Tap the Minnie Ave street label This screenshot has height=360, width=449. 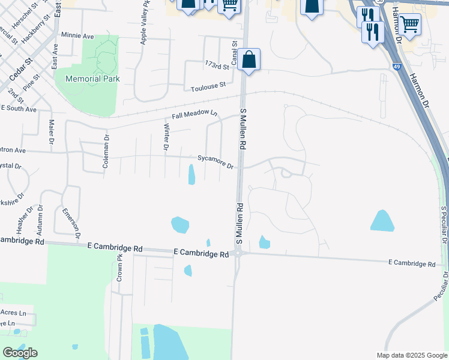(77, 36)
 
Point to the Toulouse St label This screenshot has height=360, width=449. (208, 87)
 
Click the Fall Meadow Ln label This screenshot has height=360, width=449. (194, 115)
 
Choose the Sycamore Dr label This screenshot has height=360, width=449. (215, 162)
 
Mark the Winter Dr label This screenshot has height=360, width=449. (166, 137)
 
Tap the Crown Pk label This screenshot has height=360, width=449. (119, 268)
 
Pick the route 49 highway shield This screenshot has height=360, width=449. (398, 67)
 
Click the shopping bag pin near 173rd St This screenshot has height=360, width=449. (249, 59)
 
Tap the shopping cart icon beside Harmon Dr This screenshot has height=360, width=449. (410, 24)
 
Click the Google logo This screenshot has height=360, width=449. (20, 353)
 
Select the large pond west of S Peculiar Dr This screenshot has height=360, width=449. (382, 221)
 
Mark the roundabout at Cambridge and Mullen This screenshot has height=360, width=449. (238, 253)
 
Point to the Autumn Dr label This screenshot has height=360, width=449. (40, 218)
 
